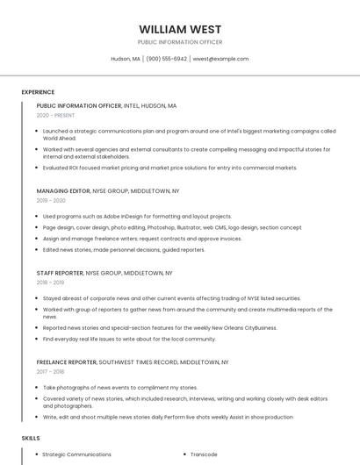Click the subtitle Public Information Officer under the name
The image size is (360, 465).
pyautogui.click(x=180, y=42)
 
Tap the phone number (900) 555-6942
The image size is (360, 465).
pyautogui.click(x=167, y=59)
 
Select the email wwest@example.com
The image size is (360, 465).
pyautogui.click(x=220, y=59)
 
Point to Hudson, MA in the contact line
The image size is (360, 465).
pyautogui.click(x=126, y=59)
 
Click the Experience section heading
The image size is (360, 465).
pyautogui.click(x=38, y=91)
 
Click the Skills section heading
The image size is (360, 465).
pyautogui.click(x=31, y=437)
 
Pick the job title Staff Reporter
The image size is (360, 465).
pyautogui.click(x=60, y=273)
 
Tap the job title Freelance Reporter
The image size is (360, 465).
pyautogui.click(x=67, y=361)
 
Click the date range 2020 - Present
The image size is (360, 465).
pyautogui.click(x=55, y=115)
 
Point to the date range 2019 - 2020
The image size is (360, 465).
pyautogui.click(x=51, y=200)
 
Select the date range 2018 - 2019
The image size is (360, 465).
pyautogui.click(x=51, y=283)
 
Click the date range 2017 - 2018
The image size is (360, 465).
pyautogui.click(x=51, y=371)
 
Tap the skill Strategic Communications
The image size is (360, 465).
pyautogui.click(x=77, y=454)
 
